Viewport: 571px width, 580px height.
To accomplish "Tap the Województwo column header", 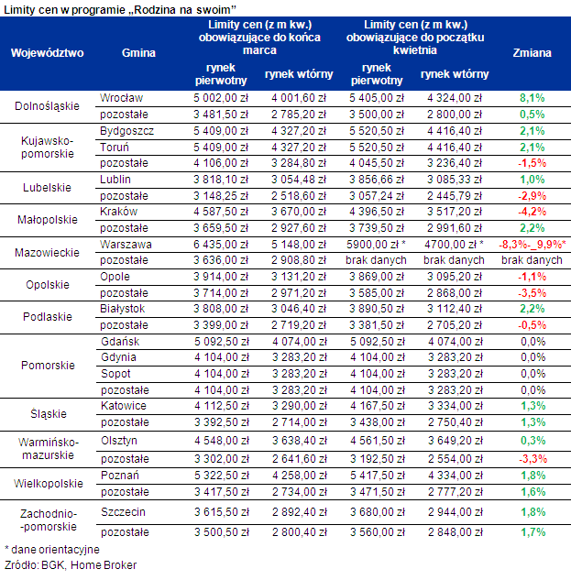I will click(x=47, y=52).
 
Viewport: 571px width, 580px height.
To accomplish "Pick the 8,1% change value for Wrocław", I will click(x=532, y=97).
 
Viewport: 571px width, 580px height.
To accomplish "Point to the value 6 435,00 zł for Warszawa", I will click(x=219, y=245).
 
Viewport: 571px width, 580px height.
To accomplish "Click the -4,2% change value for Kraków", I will click(x=532, y=211).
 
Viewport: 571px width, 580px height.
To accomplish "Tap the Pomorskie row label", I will click(x=47, y=365).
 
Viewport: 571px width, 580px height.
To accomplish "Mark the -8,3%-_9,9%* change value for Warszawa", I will click(x=532, y=245).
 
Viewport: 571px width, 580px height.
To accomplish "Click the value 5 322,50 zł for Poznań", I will click(x=219, y=476).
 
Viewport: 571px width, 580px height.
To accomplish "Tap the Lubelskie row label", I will click(x=47, y=188).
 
